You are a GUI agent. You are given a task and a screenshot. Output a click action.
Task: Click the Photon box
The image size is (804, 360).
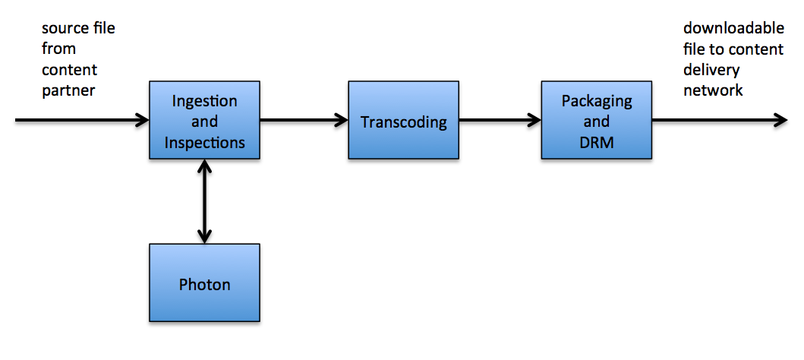204,283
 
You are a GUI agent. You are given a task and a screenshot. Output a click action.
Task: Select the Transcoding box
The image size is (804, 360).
403,120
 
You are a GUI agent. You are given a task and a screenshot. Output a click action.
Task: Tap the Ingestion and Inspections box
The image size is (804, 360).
204,120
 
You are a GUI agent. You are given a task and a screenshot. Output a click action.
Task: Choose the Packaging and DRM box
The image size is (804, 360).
596,120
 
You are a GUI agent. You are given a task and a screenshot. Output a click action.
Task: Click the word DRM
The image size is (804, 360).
596,141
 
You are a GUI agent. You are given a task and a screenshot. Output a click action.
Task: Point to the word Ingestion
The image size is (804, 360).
204,101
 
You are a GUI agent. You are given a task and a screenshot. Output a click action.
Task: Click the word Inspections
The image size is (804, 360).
204,142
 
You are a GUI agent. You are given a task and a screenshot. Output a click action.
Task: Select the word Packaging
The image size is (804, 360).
596,101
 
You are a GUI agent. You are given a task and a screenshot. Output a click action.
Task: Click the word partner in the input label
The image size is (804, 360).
69,90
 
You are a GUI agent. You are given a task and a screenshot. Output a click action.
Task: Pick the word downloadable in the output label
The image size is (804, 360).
733,29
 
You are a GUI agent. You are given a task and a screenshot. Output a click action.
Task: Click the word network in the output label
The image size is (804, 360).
713,90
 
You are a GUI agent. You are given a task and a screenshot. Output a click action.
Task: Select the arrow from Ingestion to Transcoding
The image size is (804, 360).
303,119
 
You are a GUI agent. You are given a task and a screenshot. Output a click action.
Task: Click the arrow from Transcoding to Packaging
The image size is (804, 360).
499,119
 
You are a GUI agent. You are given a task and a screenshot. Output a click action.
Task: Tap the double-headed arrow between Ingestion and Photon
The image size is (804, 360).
204,201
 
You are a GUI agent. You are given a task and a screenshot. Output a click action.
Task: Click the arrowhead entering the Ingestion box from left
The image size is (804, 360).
142,119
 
